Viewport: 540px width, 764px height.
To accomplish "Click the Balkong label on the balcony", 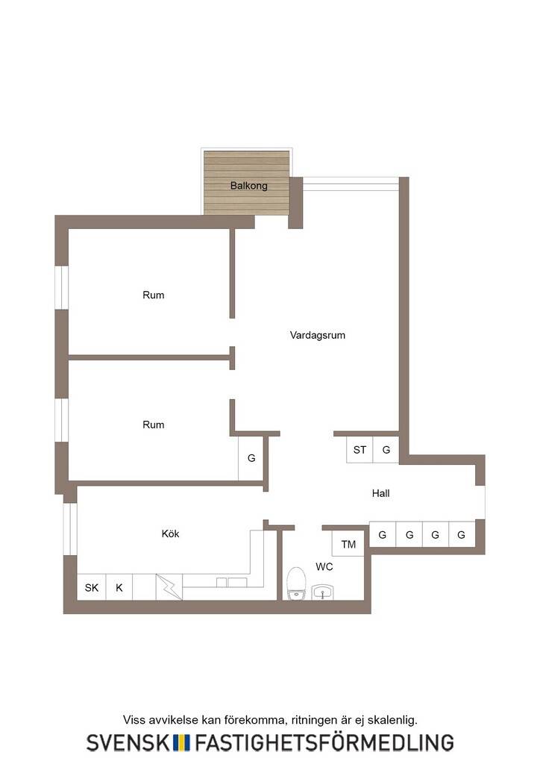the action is pos(249,186).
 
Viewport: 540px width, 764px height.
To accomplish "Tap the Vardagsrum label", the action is pos(318,335).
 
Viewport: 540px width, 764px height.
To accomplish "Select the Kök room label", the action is pos(170,533).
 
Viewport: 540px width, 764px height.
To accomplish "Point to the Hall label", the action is pos(381,493).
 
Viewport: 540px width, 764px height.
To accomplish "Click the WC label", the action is pos(324,567).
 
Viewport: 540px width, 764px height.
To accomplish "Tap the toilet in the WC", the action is pos(296,583).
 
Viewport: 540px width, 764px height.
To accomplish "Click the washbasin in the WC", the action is pos(322,592).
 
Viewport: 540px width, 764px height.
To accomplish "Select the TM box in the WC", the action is pos(348,544).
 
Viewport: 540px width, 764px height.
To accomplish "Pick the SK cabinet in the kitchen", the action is pos(92,588).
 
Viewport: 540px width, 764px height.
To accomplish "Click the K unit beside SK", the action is pos(119,588).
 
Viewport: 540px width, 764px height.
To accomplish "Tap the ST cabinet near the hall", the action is pos(360,450).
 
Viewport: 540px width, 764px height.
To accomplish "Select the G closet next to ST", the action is pos(386,450).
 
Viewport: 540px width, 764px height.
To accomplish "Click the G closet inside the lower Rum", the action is pos(251,458).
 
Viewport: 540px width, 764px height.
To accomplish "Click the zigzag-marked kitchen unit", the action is pos(169,587).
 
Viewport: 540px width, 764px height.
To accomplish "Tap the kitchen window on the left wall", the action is pos(70,529).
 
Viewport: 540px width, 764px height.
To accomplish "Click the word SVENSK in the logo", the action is pos(128,743).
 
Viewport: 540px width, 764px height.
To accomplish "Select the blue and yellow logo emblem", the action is pos(182,743).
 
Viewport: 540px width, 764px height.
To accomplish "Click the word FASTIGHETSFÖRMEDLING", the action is pos(324,742).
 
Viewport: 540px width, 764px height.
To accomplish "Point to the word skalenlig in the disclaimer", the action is pos(392,720).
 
